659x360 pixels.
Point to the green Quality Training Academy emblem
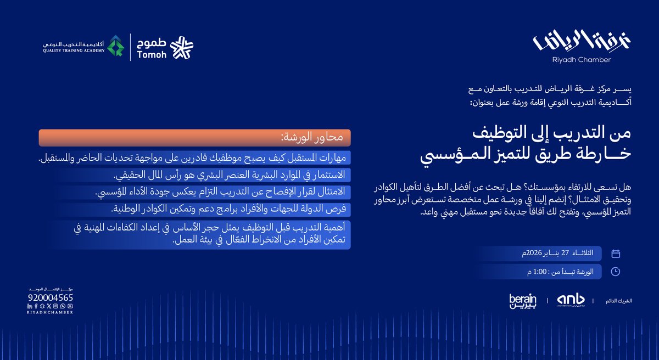[x=115, y=46]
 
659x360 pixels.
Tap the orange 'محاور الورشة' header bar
[x=194, y=137]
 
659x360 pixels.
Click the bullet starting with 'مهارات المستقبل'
[x=194, y=159]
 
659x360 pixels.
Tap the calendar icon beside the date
[x=616, y=254]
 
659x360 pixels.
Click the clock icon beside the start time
[x=616, y=271]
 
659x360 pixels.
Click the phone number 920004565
[x=50, y=297]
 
